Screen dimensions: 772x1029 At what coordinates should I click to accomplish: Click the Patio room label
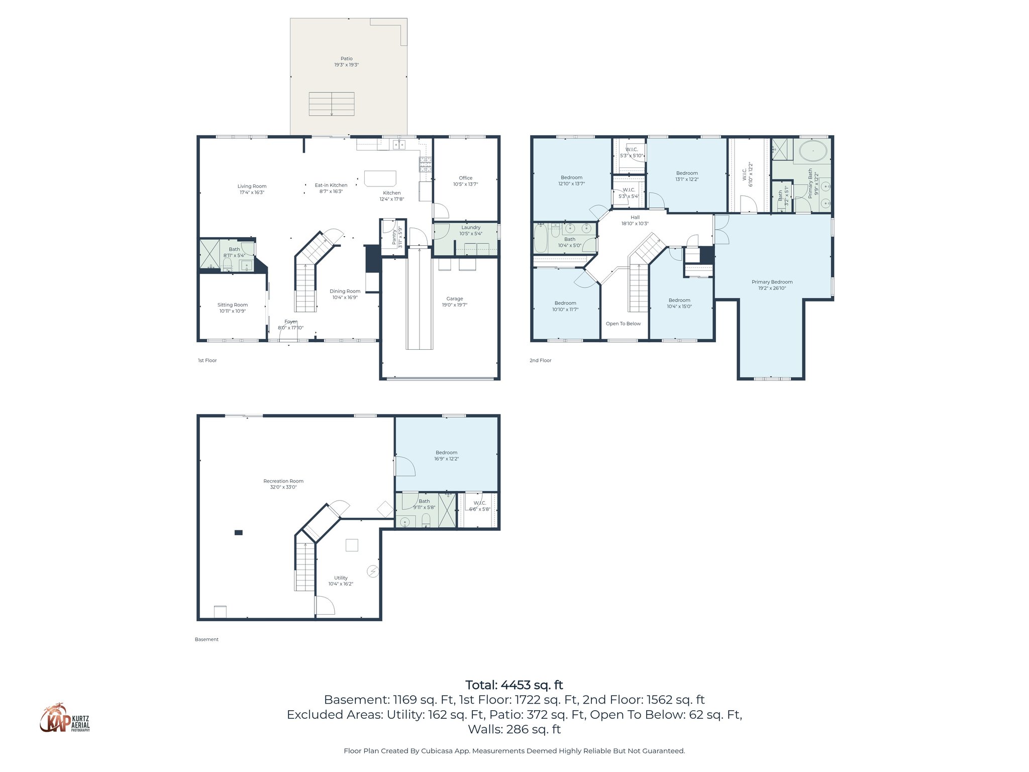point(346,59)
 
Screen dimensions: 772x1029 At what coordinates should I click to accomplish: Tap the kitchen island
point(380,178)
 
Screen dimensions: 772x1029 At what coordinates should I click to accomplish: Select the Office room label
point(465,178)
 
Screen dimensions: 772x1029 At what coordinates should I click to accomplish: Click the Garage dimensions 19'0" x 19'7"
point(454,305)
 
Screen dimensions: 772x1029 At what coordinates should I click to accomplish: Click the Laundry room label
point(470,227)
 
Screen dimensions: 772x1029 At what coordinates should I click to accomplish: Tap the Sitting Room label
point(232,305)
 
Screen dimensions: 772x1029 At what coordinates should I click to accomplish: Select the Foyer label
point(290,322)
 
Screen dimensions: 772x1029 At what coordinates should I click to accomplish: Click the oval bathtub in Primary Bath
point(812,150)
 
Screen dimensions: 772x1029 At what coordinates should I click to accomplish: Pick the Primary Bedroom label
point(772,282)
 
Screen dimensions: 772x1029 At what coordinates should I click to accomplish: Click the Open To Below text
point(623,324)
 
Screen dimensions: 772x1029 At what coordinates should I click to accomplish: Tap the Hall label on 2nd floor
point(635,218)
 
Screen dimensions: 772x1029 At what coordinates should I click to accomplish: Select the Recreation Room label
point(283,481)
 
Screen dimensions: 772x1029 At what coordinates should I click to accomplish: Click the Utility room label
point(341,578)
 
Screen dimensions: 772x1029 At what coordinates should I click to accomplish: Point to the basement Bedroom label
point(446,452)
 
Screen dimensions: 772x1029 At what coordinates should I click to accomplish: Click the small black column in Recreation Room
point(239,533)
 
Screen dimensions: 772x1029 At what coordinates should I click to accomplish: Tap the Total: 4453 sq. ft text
point(514,685)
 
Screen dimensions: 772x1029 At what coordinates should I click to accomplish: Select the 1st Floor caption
point(207,360)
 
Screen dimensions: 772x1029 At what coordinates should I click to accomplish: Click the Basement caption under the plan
point(207,639)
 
